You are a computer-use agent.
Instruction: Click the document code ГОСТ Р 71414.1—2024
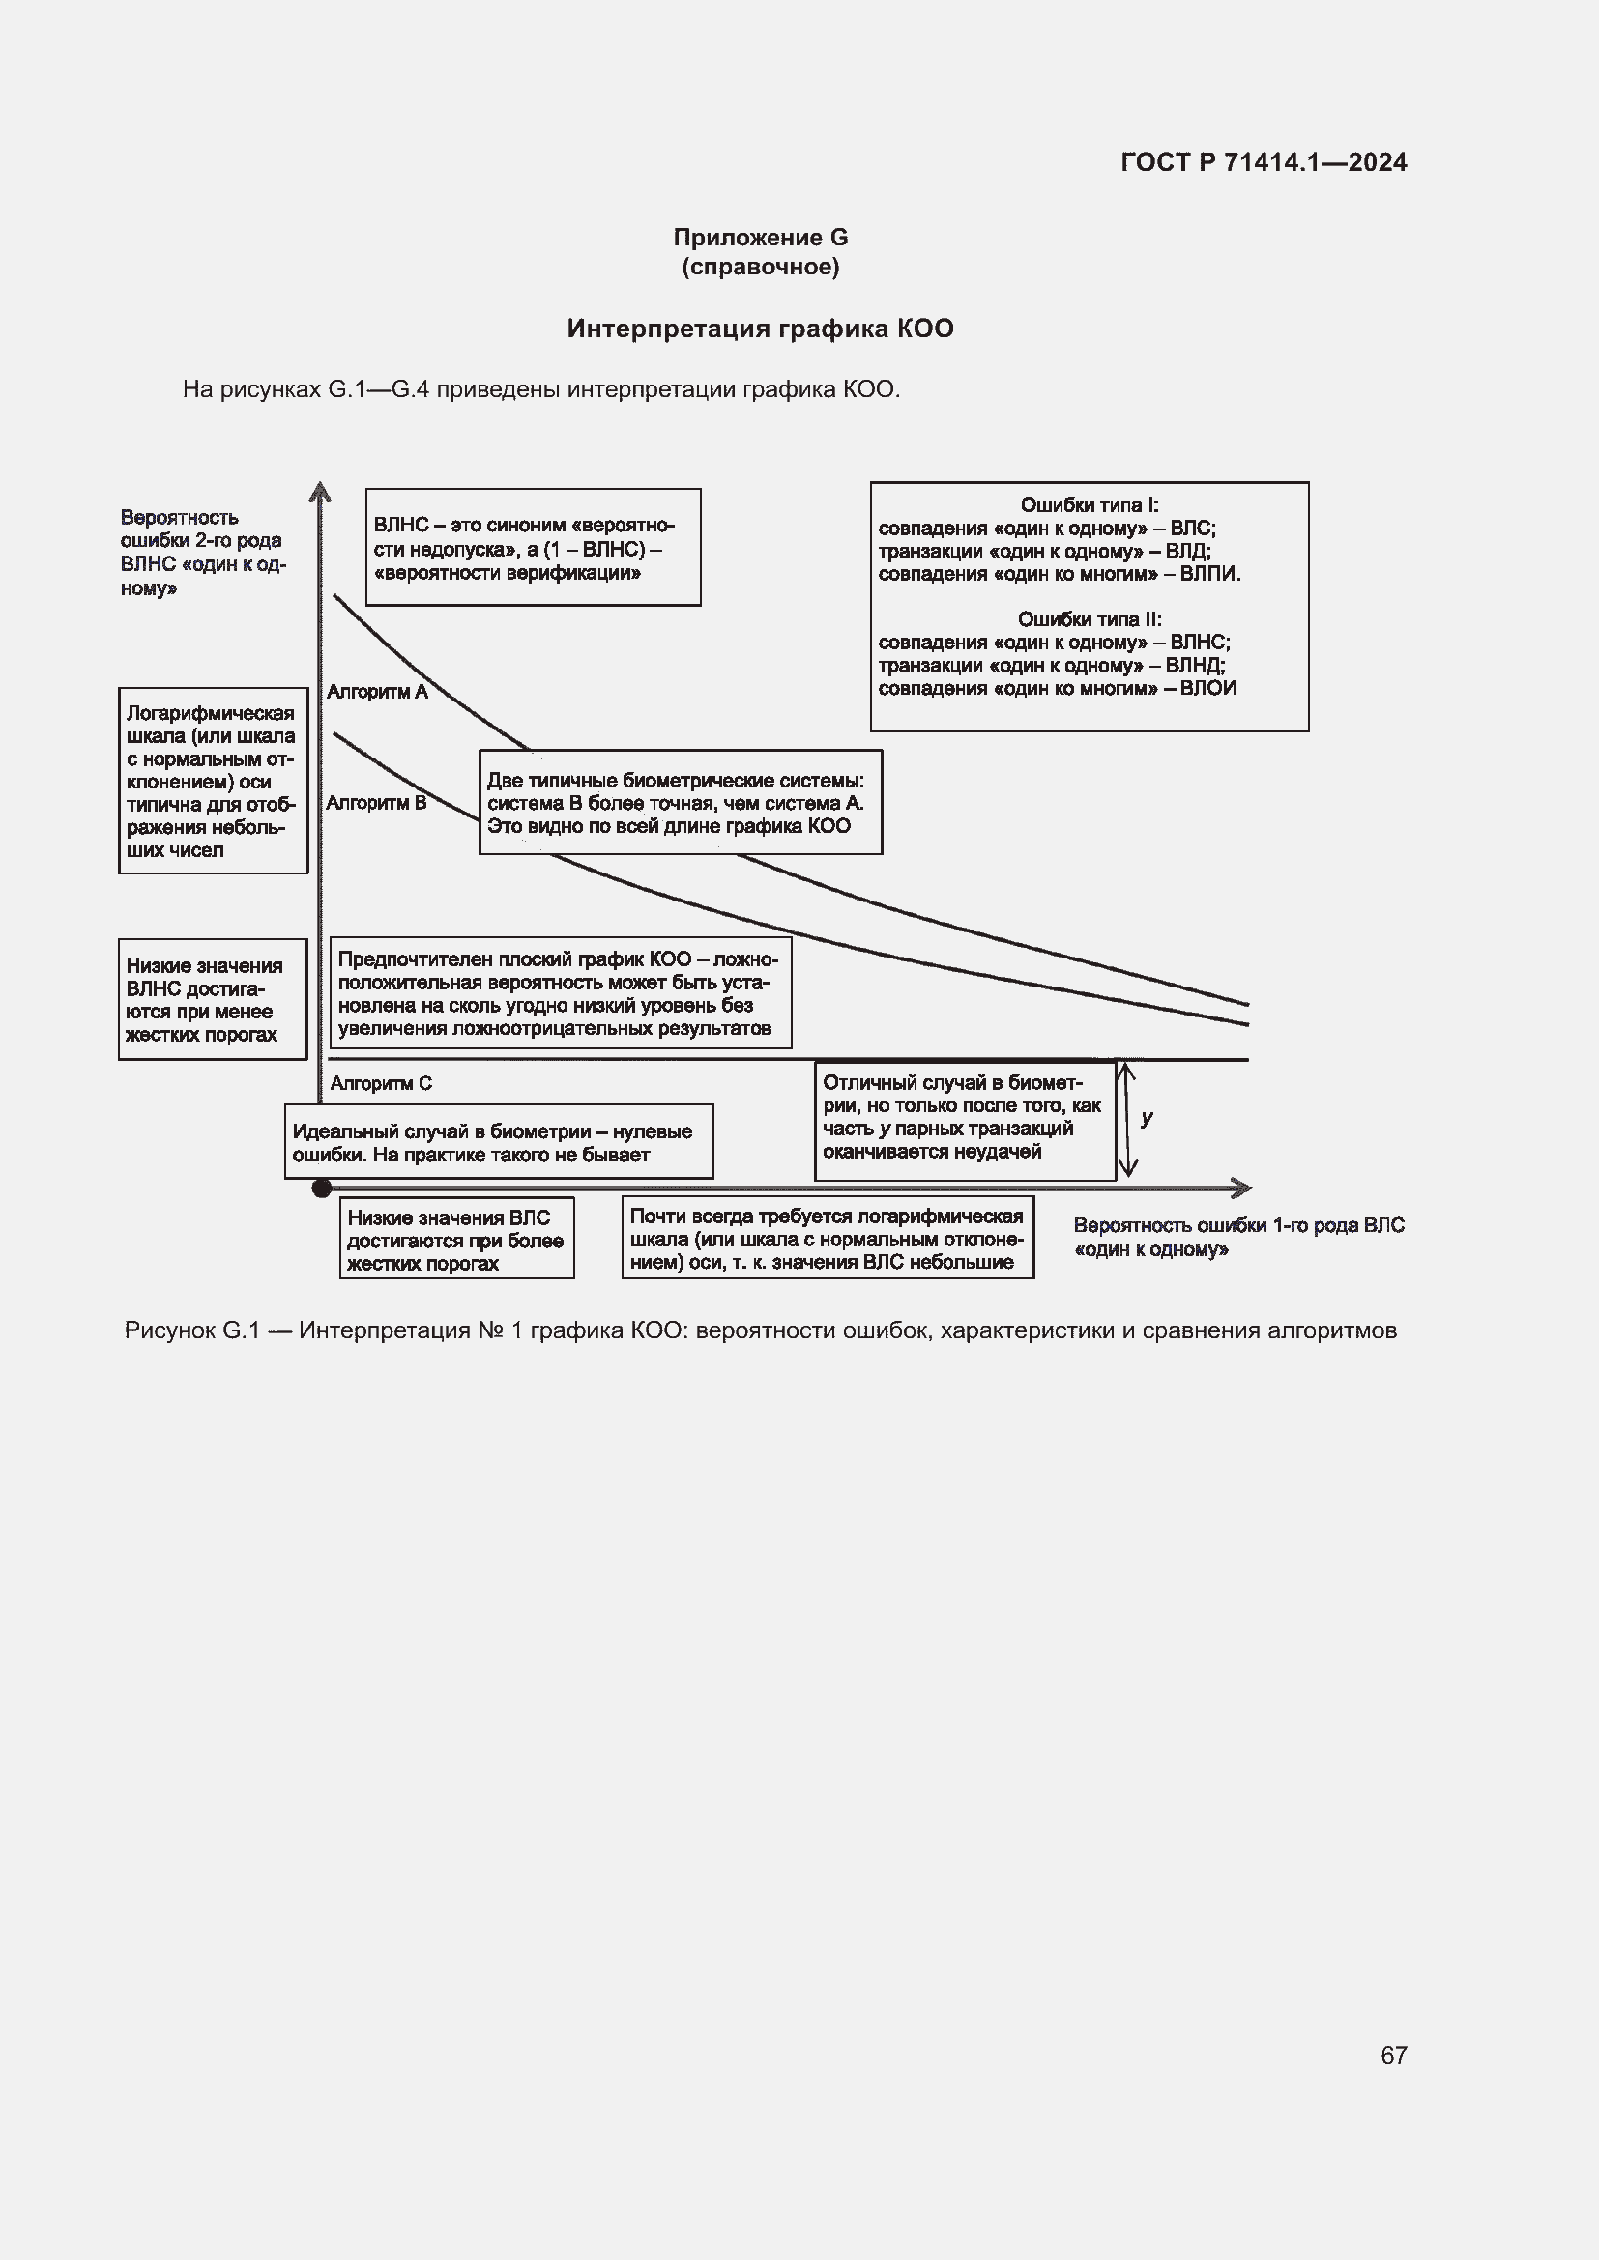point(1264,162)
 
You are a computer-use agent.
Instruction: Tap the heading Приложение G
point(760,238)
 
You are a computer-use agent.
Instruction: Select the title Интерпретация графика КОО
point(760,329)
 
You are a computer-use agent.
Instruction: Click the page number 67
point(1393,2054)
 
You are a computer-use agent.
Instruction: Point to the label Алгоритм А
point(377,692)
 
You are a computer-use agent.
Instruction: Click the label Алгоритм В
point(376,803)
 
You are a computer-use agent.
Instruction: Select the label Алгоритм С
point(381,1084)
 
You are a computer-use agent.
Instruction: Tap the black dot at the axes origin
point(321,1188)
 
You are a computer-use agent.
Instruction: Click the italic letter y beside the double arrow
point(1148,1118)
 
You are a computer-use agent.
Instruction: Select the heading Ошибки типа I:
point(1089,505)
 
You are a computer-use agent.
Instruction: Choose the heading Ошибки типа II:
point(1089,619)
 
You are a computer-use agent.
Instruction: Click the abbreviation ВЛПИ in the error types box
point(1210,574)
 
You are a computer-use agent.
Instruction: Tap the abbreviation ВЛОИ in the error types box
point(1207,688)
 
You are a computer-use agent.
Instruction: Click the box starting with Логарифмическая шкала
point(213,781)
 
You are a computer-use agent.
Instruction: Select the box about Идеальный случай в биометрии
point(498,1142)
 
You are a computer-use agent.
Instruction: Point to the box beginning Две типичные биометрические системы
point(680,802)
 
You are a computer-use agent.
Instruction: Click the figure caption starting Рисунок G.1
point(760,1330)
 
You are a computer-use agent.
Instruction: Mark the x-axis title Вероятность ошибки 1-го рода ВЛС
point(1237,1238)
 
